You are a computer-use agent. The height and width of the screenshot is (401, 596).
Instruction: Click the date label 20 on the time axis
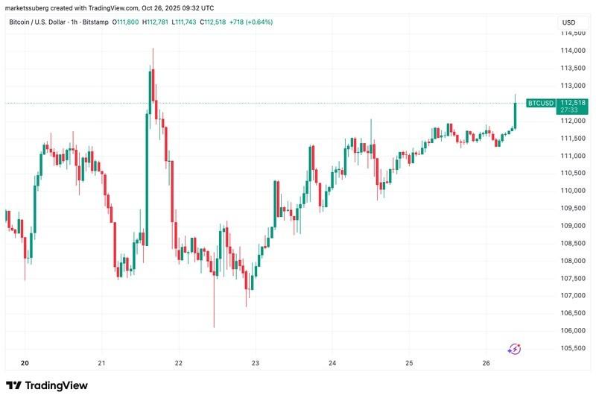pos(25,363)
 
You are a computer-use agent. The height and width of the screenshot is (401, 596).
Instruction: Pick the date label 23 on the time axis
pos(255,363)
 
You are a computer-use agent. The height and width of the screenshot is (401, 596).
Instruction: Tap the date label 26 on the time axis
pos(486,363)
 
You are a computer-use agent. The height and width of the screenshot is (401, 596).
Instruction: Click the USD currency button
pos(568,22)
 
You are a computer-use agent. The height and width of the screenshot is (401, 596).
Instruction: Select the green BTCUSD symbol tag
pos(540,103)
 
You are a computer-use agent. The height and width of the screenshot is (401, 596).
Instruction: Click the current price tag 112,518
pos(573,102)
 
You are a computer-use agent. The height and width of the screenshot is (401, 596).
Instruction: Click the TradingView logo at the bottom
pos(47,385)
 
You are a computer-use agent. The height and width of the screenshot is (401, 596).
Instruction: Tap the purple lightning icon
pos(515,348)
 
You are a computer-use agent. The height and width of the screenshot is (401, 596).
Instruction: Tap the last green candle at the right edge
pos(515,115)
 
